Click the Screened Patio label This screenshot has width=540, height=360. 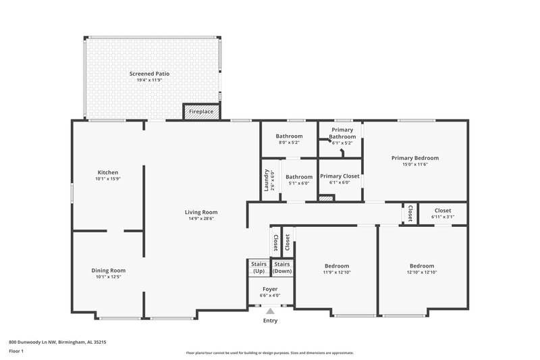point(149,73)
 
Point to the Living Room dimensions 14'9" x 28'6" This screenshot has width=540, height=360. point(201,218)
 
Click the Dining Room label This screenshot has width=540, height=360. point(108,270)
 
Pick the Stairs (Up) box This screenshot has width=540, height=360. point(259,267)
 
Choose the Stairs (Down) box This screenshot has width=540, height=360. point(281,267)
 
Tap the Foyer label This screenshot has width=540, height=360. point(270,289)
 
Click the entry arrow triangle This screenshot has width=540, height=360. point(270,311)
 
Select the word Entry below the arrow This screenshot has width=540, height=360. point(270,321)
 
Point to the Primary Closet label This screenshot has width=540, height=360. point(340,176)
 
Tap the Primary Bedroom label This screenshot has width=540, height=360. point(415,157)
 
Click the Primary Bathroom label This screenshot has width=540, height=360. point(342,134)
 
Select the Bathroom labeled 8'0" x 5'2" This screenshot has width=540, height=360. point(289,136)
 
